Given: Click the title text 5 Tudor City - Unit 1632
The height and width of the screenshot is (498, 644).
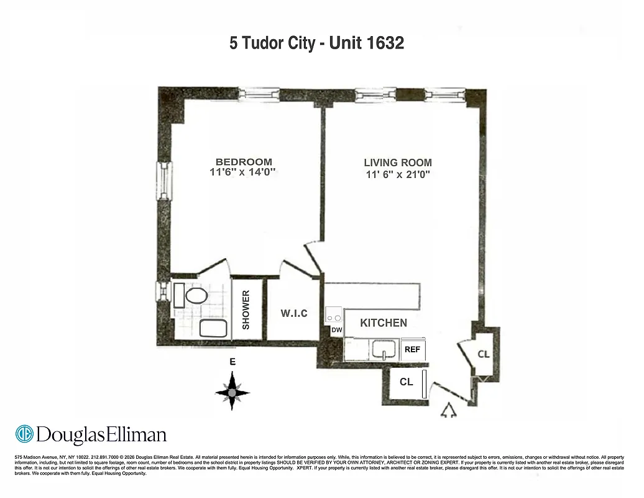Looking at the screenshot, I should coord(317,43).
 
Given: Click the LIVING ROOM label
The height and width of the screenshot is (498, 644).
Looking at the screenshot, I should coord(398,162).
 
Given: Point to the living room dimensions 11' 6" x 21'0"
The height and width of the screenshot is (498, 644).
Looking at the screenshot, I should coord(398,174).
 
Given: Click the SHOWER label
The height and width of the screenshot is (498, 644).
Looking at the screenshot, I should coord(246,309).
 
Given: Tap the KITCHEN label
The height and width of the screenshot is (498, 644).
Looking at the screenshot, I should coord(384,322).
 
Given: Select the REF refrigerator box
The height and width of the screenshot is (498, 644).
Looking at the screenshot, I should coord(413,349).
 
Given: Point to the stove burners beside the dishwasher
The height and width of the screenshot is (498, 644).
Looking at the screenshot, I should coord(334,316).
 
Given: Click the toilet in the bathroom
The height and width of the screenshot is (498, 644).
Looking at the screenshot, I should coord(190,295).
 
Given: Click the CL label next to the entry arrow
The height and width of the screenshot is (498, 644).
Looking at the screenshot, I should coord(406,382).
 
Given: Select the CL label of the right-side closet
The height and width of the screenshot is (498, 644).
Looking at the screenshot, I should coord(484,354).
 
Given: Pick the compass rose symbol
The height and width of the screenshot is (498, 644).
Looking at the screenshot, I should coord(232,392).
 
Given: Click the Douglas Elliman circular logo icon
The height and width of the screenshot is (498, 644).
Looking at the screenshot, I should coord(24,434).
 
